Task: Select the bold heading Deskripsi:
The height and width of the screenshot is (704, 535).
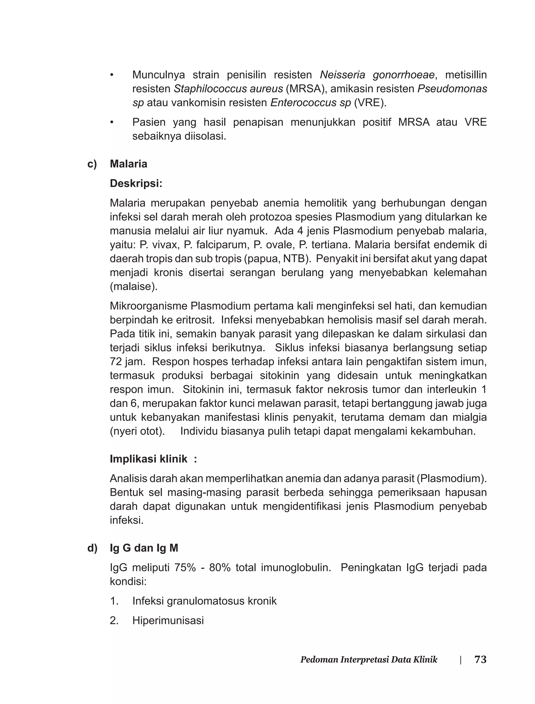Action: [136, 184]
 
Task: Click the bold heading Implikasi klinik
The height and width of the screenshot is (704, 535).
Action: [149, 459]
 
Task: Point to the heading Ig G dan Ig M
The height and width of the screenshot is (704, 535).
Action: [144, 548]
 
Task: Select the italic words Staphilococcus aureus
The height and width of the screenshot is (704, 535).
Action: [228, 89]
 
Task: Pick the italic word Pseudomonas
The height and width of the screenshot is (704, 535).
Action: [452, 89]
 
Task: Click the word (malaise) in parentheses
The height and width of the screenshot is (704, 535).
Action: [134, 287]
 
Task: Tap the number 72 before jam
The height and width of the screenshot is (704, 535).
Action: [117, 362]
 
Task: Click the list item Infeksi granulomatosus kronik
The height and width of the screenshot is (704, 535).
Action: [205, 601]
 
